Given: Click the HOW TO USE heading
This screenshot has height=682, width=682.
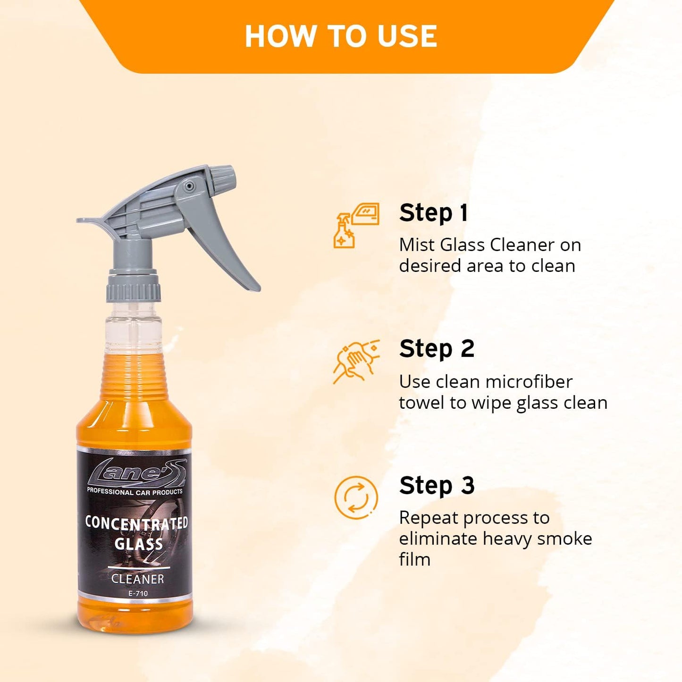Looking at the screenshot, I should [341, 36].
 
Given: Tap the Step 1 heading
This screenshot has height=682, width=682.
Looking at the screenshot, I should [433, 213].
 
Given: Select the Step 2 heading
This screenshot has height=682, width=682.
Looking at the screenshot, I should [437, 349].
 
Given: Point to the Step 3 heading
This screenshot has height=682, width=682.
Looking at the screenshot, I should [437, 486].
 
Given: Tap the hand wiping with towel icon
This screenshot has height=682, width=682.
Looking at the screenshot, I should [356, 362].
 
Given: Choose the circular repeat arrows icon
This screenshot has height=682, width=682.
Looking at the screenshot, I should [356, 498].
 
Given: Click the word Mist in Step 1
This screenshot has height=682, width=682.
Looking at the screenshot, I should [417, 245].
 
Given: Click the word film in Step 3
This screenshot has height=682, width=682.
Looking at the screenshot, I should [414, 559].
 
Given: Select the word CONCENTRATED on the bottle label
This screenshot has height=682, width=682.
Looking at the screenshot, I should [136, 523].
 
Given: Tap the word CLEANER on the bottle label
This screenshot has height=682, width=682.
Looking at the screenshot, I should [137, 579].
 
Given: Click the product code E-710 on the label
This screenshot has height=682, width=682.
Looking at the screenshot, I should [138, 594].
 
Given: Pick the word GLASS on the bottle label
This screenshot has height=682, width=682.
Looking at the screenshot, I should [138, 544].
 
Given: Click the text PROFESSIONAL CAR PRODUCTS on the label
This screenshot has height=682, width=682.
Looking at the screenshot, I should [135, 492].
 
